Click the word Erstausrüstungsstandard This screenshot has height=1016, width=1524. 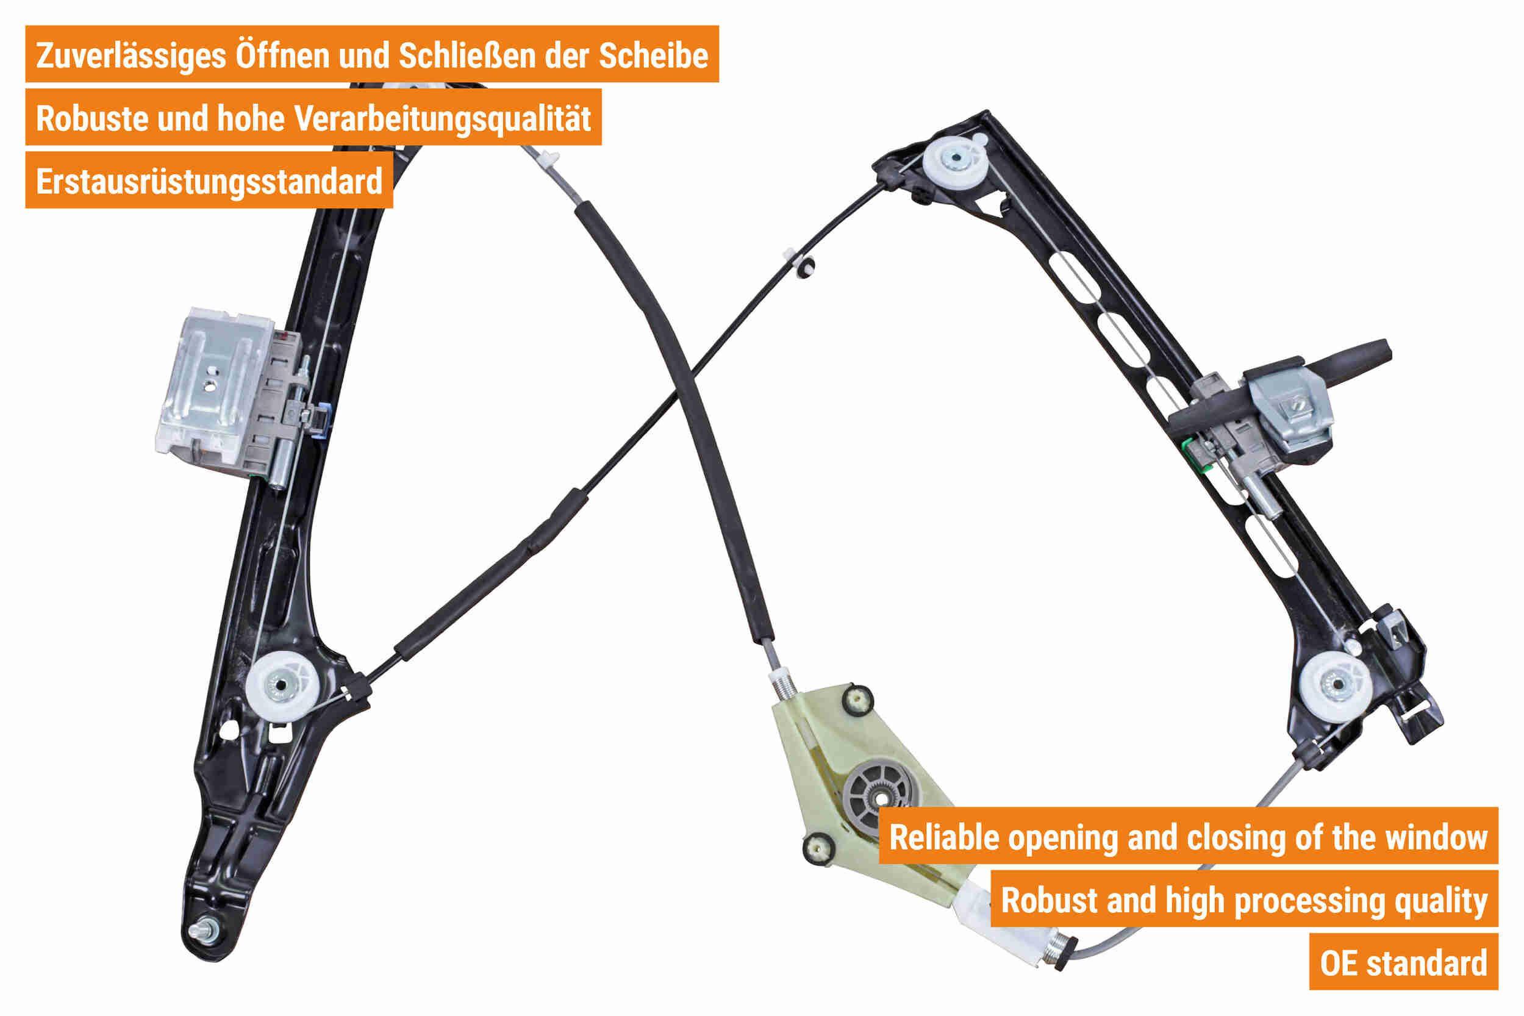[209, 182]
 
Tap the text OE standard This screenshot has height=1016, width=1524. [1403, 963]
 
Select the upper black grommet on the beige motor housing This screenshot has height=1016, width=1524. [857, 698]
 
